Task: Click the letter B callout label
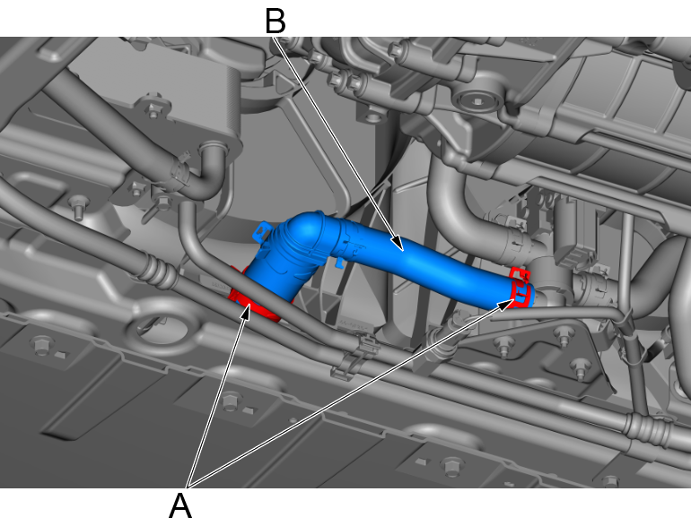coord(276,22)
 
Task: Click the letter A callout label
coord(180,505)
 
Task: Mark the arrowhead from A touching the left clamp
coord(246,311)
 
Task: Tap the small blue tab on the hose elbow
coord(261,231)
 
